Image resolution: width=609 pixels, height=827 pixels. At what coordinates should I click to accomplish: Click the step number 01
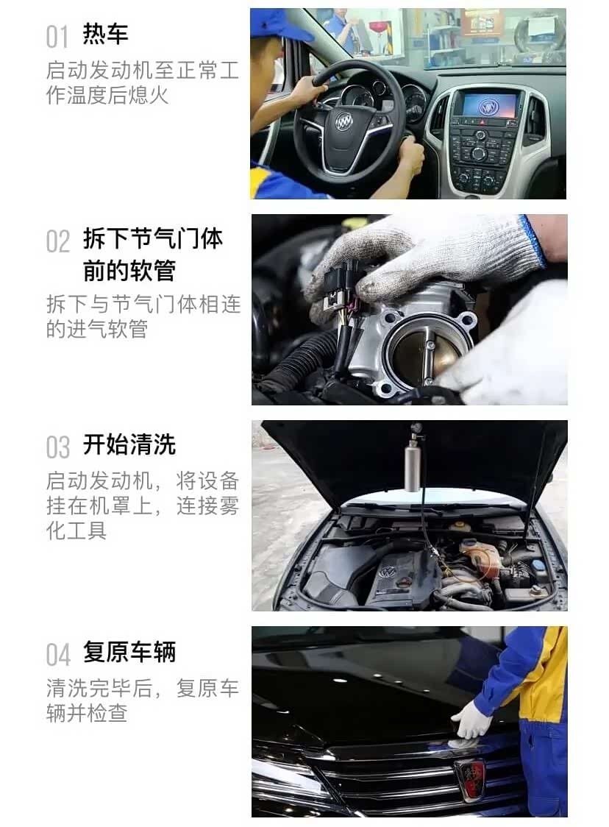point(57,36)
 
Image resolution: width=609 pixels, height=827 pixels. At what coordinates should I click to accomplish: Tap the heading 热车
point(106,34)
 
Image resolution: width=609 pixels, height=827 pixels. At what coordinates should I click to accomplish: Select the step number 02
point(57,241)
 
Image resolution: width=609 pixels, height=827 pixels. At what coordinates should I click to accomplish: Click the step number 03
point(57,447)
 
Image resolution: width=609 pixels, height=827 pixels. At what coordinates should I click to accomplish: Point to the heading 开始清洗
point(129,444)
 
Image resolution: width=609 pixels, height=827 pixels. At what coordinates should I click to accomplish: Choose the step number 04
point(58,654)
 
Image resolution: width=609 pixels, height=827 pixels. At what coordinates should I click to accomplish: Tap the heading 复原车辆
point(129,652)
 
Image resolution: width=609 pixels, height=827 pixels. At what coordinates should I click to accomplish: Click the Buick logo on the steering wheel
point(344,120)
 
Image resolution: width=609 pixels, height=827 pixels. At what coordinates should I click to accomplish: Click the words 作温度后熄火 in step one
point(107,96)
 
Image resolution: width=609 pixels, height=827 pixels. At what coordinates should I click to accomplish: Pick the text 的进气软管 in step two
point(97,329)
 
